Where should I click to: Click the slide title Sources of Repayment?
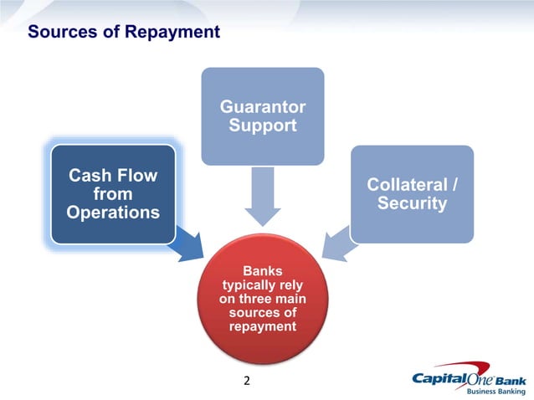(124, 33)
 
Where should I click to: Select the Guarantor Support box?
(262, 116)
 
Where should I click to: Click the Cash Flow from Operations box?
(113, 194)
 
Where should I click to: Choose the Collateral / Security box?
(411, 194)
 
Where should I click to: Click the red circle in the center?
(262, 298)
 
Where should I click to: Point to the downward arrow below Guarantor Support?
(263, 197)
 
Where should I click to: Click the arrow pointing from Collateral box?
(338, 244)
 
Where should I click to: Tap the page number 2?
(246, 382)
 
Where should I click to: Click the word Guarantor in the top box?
(262, 107)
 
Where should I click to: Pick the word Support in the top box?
(262, 126)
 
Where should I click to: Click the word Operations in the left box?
(113, 213)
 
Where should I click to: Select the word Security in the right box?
(411, 203)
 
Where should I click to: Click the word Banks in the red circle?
(262, 271)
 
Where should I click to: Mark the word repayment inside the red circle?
(262, 326)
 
